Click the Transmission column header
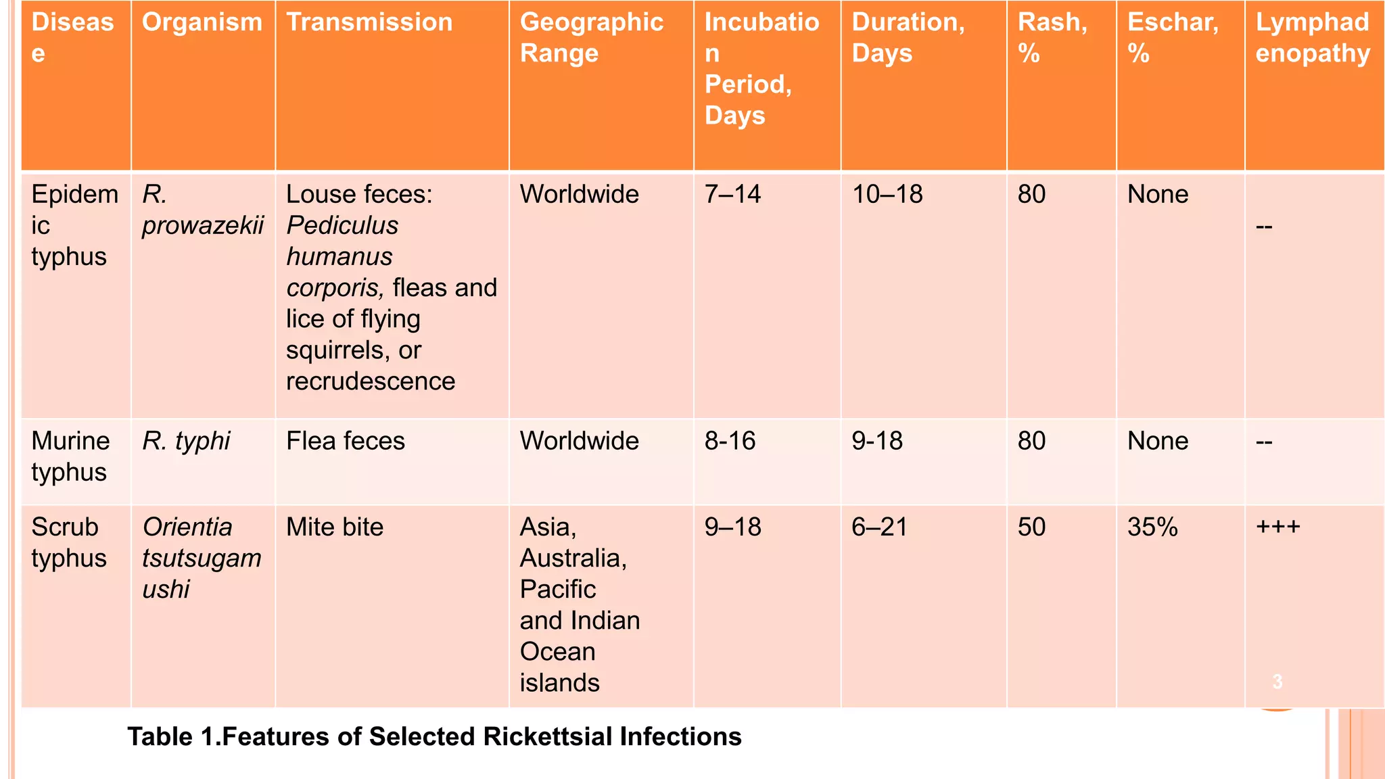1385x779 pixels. (369, 23)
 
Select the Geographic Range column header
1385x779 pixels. (591, 38)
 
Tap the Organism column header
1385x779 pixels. (202, 23)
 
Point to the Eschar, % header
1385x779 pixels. (1173, 38)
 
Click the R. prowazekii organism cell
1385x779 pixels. (202, 210)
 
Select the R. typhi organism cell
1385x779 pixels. (186, 441)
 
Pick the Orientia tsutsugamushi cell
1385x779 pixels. (201, 558)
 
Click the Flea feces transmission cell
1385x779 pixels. (345, 441)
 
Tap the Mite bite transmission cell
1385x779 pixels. (335, 527)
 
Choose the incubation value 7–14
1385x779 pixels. (732, 195)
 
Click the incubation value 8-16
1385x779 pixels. (730, 441)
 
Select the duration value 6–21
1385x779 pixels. (879, 527)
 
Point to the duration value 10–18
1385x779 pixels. (887, 195)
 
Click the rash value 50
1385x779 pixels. (1031, 527)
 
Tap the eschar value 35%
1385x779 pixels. (1152, 527)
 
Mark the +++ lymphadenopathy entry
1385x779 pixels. (1277, 527)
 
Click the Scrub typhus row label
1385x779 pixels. (69, 542)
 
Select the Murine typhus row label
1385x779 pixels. (70, 456)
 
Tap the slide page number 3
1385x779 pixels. (1277, 682)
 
